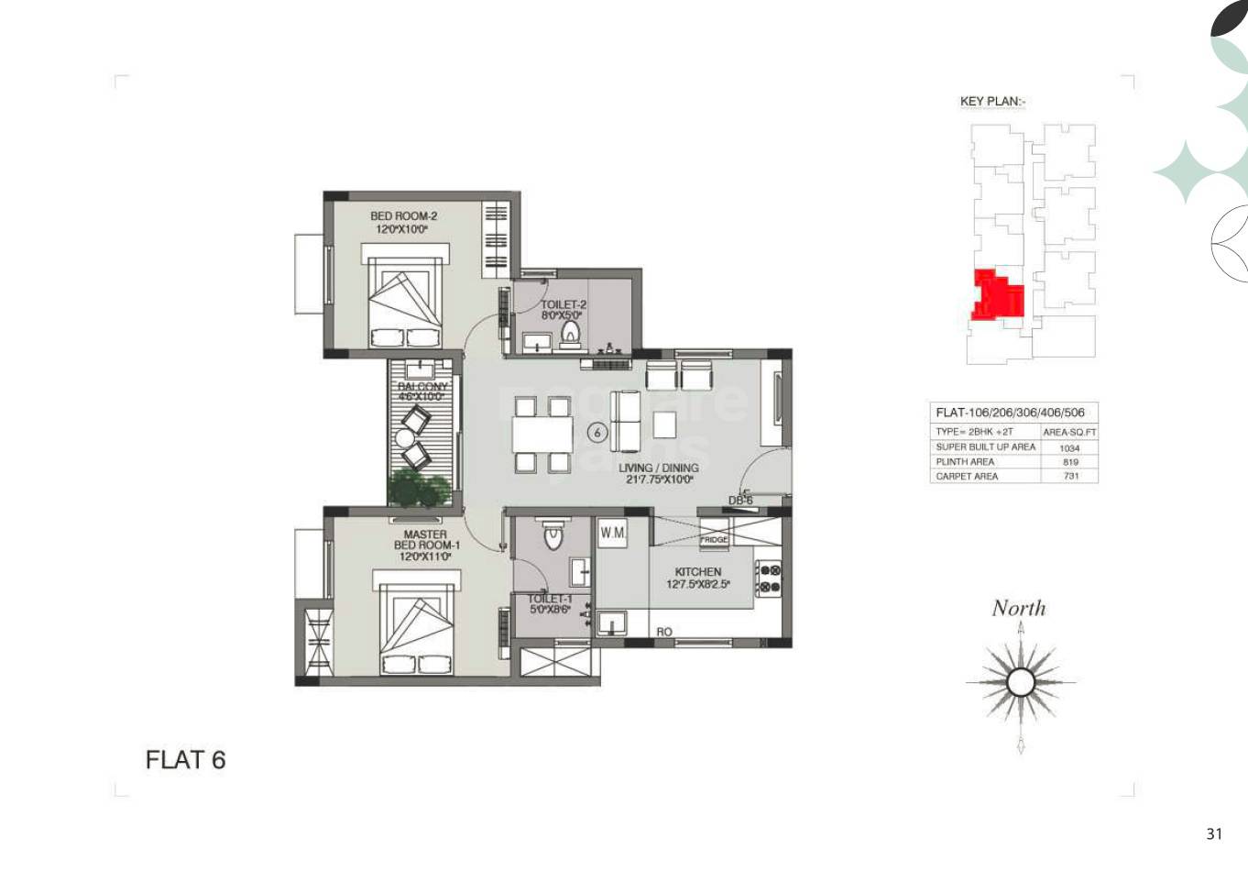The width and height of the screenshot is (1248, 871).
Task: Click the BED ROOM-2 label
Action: coord(403,216)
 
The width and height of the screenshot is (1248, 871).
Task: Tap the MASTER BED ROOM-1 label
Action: coord(426,539)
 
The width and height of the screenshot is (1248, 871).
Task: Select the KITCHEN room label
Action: coord(698,571)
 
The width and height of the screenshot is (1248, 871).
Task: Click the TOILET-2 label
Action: coord(563,304)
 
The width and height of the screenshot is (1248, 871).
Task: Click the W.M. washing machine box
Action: coord(612,533)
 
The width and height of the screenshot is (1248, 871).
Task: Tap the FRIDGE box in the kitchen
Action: coord(714,540)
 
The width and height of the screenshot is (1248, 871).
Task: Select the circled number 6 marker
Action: coord(597,431)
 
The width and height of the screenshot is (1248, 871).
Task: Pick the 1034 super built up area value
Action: coord(1069,447)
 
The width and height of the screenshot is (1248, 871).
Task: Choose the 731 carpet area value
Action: coord(1069,476)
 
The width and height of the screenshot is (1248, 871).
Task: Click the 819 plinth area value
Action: coord(1069,462)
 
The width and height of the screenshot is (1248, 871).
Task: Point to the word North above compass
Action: coord(1018,608)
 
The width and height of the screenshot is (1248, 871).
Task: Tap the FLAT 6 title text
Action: coord(185,760)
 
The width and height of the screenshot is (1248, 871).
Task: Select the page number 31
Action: coord(1214,833)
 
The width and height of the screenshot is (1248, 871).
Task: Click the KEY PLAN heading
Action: coord(991,102)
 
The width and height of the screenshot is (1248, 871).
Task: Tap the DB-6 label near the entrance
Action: coord(740,501)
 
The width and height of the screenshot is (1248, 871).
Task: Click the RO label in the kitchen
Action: coord(664,632)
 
